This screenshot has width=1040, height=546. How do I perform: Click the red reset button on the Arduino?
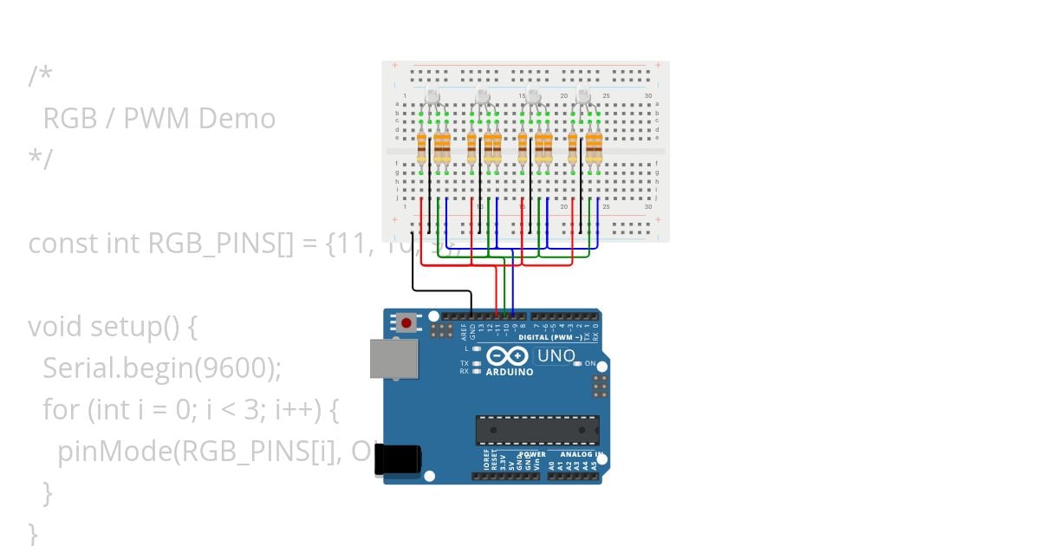406,323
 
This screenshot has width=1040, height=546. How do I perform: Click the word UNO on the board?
556,355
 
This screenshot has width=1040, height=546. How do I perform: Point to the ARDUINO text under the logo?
510,372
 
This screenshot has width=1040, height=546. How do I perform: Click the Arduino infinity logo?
508,356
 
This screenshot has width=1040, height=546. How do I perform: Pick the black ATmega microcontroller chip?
536,430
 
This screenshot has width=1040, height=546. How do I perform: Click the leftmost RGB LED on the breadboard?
432,96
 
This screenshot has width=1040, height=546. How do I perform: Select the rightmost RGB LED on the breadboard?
583,96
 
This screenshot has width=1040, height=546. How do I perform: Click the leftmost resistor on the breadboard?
422,148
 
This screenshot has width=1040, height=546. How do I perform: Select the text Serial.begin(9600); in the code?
162,368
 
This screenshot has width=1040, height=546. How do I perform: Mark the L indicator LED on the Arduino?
477,348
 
